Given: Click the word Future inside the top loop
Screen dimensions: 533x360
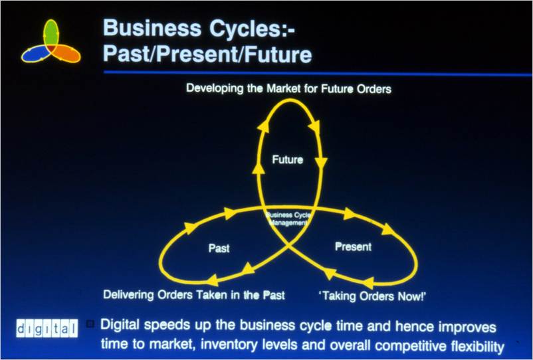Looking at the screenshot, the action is [288, 159].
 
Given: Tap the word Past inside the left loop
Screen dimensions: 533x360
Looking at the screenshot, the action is [219, 248].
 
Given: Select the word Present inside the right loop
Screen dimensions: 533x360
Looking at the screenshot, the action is [353, 246].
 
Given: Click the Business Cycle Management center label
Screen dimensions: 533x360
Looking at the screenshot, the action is [288, 219].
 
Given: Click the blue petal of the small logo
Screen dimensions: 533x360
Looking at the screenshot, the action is [35, 54].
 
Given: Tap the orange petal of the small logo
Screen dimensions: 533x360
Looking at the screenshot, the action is [66, 54].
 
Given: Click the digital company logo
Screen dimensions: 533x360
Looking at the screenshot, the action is [47, 328].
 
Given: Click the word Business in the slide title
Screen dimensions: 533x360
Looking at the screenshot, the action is [152, 27].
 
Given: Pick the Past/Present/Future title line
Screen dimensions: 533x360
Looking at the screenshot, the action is [207, 54].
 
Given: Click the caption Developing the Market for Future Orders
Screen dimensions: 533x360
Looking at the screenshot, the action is [288, 88].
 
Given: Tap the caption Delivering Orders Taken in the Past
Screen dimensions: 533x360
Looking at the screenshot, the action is [194, 295].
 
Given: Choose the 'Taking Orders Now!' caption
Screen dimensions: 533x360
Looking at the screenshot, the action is [372, 296].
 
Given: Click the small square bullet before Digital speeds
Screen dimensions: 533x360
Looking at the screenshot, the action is [90, 323].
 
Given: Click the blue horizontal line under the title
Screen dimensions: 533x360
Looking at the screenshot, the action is [318, 73].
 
